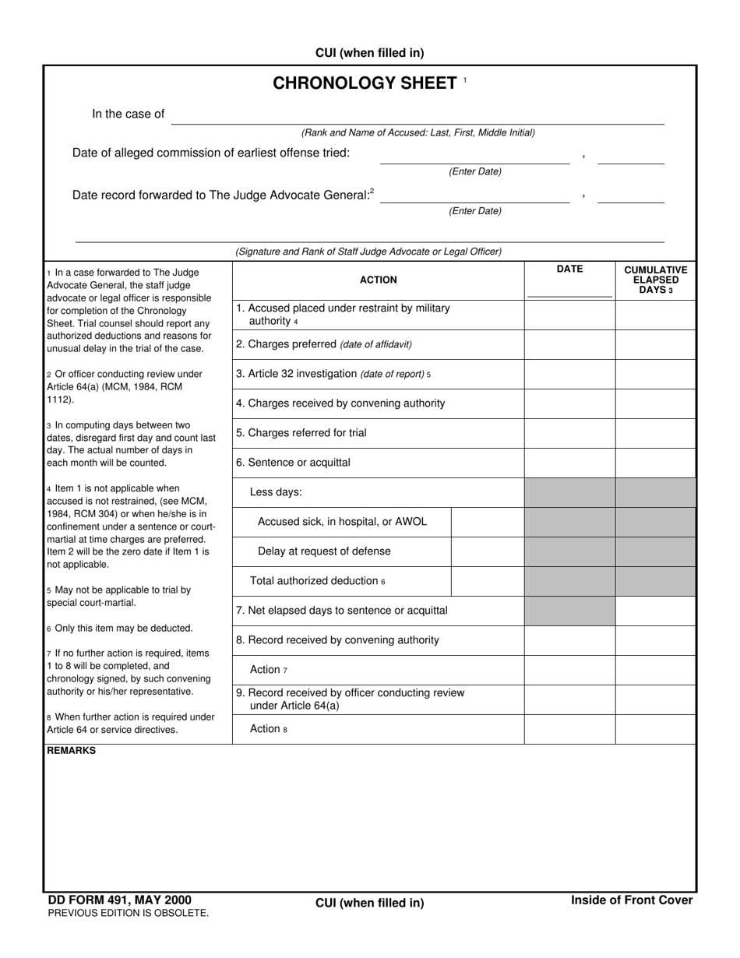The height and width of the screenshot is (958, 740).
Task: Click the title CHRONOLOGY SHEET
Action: (365, 83)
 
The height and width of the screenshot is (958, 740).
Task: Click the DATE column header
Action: (569, 269)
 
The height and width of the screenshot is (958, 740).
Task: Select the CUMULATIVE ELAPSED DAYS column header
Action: (655, 280)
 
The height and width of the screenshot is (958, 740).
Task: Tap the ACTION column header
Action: (378, 280)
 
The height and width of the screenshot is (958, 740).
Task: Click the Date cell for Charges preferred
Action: (569, 344)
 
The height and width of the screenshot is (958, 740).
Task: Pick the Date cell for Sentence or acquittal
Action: (569, 463)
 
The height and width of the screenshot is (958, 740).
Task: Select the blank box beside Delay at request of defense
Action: (487, 551)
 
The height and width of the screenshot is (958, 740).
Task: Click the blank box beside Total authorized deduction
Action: (487, 581)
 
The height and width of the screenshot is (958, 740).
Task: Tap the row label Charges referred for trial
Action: (301, 433)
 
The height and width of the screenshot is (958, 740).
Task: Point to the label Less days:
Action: (276, 492)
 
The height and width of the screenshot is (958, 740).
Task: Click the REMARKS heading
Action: (72, 751)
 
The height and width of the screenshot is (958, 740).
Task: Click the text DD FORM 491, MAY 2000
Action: (119, 900)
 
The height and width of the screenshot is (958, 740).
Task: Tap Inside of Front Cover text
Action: (631, 900)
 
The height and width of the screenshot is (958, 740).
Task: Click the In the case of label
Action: (128, 114)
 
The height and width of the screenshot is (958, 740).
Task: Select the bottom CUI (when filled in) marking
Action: (369, 903)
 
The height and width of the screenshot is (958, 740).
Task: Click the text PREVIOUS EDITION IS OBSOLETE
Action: (129, 913)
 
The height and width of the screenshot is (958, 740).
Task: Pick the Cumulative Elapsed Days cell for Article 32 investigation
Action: (655, 374)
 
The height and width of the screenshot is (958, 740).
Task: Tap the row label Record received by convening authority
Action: (337, 640)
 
